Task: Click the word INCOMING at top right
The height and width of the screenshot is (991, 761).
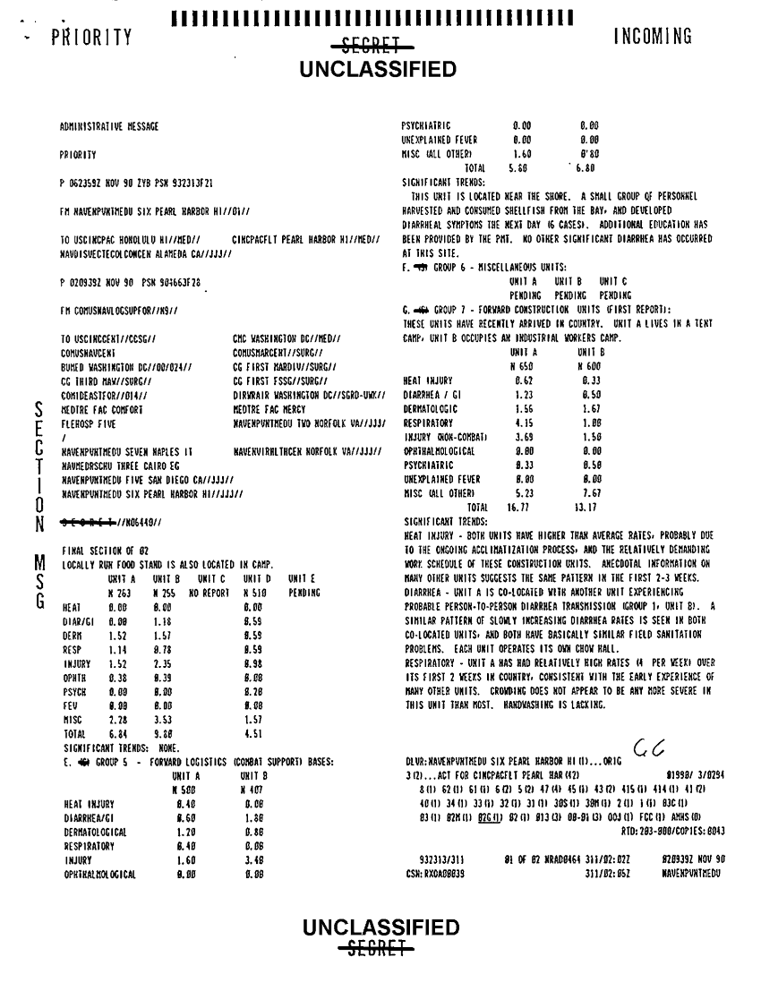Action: (x=653, y=37)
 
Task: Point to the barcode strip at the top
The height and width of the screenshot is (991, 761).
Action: (x=380, y=16)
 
